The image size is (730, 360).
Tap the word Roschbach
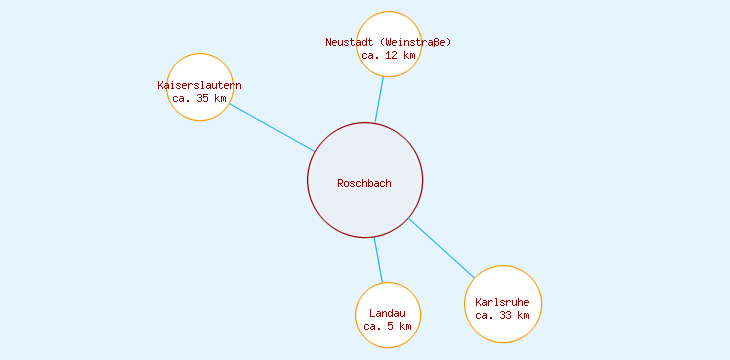pos(365,183)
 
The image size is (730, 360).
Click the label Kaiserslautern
pos(200,85)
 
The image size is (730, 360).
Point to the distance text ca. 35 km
pos(200,98)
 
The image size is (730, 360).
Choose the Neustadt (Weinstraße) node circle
pos(389,26)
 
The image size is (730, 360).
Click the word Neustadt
pos(349,42)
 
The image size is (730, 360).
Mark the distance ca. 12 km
pos(388,55)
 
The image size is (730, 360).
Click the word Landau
pos(388,313)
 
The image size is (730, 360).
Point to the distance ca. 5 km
pos(388,326)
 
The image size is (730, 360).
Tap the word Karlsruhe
pos(503,302)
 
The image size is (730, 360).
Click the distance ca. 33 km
pos(503,315)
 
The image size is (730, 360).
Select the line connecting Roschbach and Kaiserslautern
pos(272,127)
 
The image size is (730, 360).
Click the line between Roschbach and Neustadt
pos(379,99)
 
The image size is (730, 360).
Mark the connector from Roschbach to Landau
pos(378,260)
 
